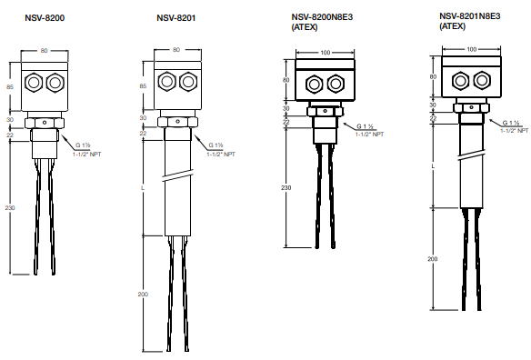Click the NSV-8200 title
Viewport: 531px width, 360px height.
[x=45, y=17]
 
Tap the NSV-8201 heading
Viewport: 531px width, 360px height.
[x=176, y=17]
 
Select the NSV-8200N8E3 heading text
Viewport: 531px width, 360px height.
[x=322, y=17]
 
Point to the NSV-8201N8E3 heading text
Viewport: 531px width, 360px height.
[x=470, y=16]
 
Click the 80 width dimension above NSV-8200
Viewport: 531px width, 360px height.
[x=44, y=51]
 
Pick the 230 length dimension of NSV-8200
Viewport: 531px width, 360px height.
[x=10, y=208]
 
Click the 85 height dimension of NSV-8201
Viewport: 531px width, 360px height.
[x=143, y=86]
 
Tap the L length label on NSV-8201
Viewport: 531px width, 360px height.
[x=143, y=187]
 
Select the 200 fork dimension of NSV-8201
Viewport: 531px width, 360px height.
[x=143, y=295]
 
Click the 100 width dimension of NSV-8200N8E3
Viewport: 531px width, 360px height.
[x=326, y=53]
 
